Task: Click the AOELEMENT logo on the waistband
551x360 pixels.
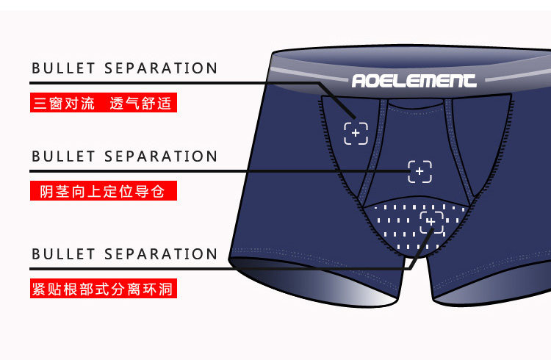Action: (x=414, y=80)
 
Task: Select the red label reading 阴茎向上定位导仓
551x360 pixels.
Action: (x=103, y=192)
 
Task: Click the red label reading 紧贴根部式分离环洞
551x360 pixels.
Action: (x=103, y=289)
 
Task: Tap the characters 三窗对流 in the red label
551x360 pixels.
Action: (x=64, y=104)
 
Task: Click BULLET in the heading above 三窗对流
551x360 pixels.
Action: (x=64, y=69)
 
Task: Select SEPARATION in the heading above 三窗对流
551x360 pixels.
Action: (x=161, y=69)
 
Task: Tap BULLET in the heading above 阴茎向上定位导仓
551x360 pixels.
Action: (x=64, y=157)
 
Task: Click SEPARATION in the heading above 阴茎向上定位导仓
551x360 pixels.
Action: (x=161, y=157)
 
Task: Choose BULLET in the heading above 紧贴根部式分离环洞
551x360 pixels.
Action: (x=64, y=255)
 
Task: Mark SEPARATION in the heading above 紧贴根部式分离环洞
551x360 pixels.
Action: (x=161, y=255)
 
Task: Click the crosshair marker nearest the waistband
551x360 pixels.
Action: (x=356, y=133)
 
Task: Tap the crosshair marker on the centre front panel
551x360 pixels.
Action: (x=420, y=172)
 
